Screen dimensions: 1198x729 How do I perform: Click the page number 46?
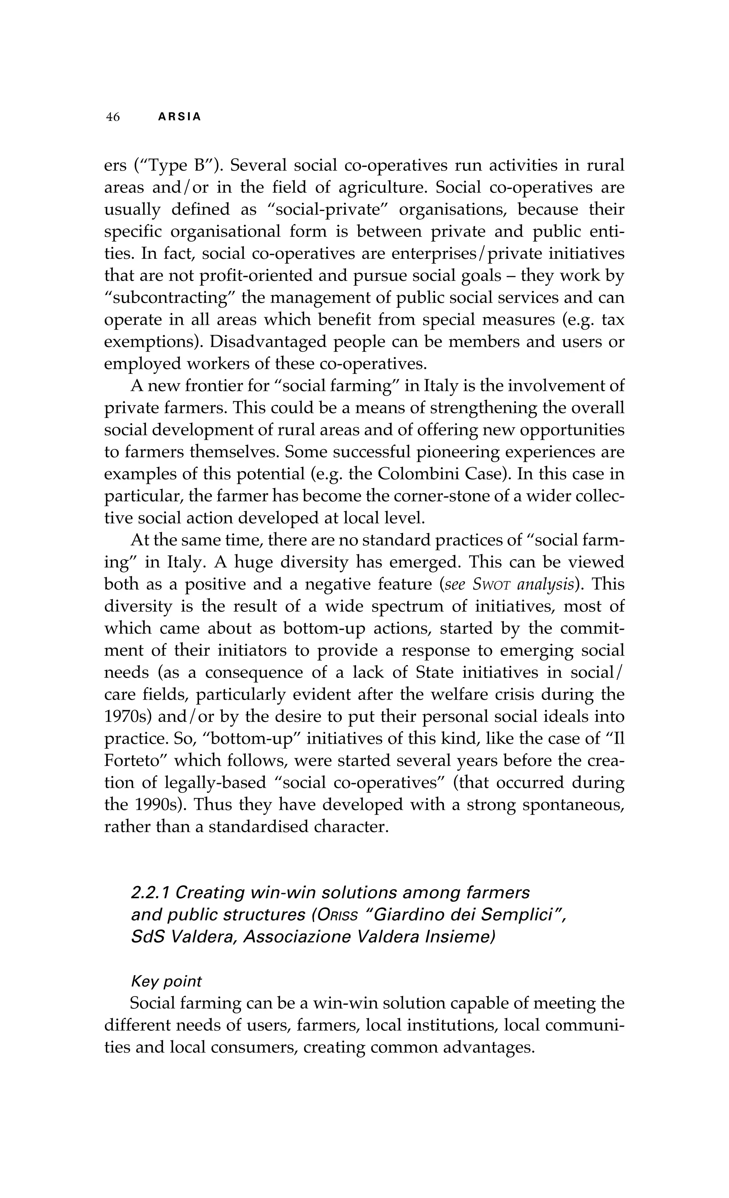point(113,117)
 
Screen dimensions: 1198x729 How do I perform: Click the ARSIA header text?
point(179,117)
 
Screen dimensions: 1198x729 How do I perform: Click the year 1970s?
point(125,716)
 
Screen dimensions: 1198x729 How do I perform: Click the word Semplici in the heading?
point(525,915)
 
